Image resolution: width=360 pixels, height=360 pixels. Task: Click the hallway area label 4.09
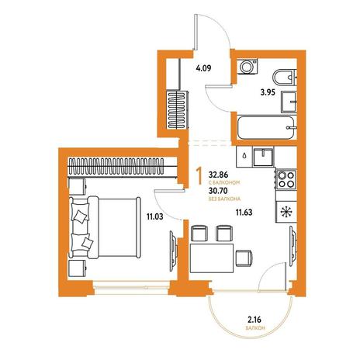203,68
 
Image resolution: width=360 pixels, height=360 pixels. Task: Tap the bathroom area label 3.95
268,92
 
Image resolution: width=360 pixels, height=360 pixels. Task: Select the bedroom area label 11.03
155,216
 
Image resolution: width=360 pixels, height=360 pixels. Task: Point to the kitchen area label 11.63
244,213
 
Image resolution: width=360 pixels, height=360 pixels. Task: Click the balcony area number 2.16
254,320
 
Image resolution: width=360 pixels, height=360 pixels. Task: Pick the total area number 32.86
218,175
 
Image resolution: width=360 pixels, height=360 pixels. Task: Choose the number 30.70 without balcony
218,191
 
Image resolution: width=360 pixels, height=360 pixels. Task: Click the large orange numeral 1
199,176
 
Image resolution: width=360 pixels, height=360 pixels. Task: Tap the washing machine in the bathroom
248,67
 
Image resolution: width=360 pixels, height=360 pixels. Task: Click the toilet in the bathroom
284,77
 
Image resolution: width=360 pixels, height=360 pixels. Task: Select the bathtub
266,127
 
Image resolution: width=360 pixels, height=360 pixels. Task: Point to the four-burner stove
286,179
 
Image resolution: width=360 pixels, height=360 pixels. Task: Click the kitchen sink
263,157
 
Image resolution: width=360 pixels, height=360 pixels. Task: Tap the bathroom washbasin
289,102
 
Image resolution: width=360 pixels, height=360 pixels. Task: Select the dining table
212,258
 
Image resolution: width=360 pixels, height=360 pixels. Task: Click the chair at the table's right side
244,258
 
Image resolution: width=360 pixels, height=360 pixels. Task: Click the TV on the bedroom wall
173,251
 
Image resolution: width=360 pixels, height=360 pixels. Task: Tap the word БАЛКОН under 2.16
255,328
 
